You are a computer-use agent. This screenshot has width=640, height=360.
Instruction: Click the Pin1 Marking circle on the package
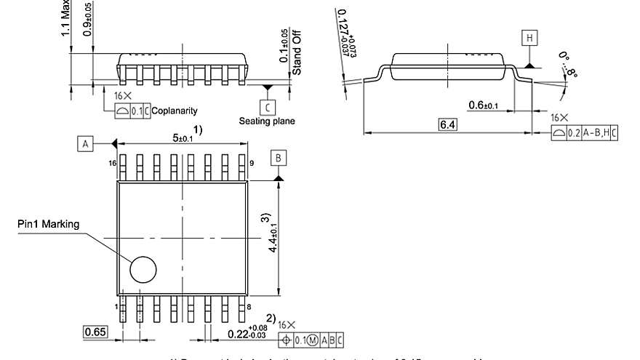[x=143, y=269]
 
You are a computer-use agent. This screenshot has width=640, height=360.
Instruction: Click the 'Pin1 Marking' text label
[x=48, y=223]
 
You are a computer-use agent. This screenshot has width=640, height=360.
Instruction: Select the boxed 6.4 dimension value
[x=448, y=125]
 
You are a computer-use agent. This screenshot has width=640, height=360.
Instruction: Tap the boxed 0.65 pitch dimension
[x=95, y=332]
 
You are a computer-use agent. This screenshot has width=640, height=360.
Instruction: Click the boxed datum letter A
[x=85, y=144]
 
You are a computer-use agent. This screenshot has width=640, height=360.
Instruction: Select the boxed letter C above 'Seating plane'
[x=267, y=106]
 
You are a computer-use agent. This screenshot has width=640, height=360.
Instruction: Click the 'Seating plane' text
[x=267, y=121]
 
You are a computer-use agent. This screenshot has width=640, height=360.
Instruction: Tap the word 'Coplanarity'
[x=175, y=111]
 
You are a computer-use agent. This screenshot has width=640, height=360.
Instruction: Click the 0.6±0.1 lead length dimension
[x=483, y=105]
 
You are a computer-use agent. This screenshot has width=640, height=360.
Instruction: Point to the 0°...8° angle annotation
[x=570, y=65]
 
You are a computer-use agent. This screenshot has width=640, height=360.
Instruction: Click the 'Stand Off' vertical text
[x=297, y=51]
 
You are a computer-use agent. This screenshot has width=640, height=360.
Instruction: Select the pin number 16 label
[x=113, y=164]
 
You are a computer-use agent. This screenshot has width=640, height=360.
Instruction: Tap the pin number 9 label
[x=252, y=164]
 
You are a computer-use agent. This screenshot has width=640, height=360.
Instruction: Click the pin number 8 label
[x=252, y=308]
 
